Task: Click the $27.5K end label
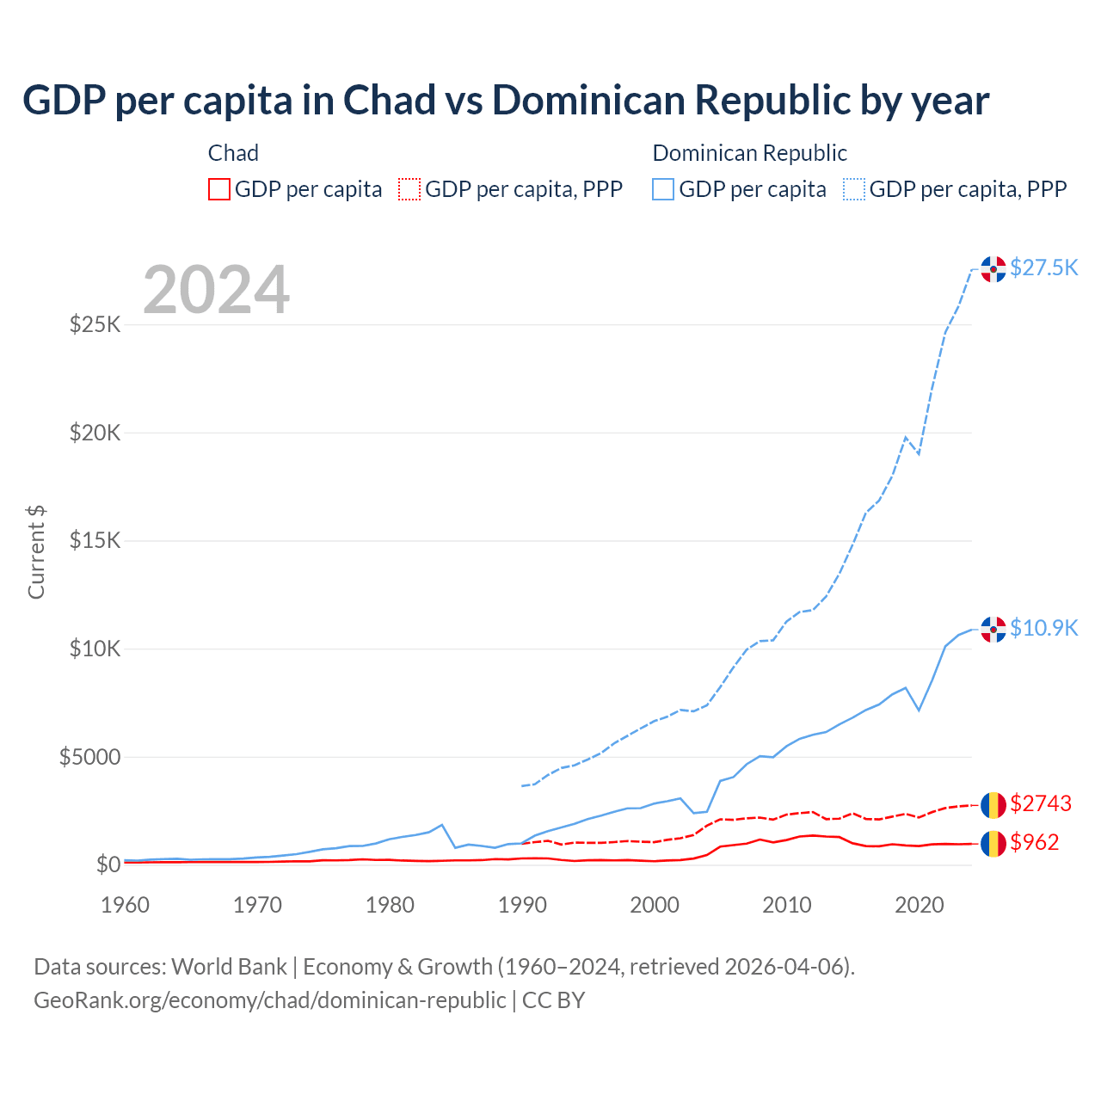pos(1043,268)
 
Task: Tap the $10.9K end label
pos(1043,628)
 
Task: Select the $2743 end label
pos(1040,803)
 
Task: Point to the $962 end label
pos(1034,842)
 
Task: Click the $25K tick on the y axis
pos(95,325)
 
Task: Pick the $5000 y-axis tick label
pos(89,757)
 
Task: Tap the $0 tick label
pos(108,864)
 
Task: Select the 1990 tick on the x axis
pos(522,905)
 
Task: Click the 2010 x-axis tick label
pos(787,905)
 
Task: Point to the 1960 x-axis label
pos(126,905)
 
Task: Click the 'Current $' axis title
pos(36,552)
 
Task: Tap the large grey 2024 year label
pos(216,290)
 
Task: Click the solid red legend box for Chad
pos(219,189)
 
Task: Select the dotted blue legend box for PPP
pos(854,189)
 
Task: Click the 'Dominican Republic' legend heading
pos(749,153)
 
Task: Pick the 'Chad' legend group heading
pos(233,153)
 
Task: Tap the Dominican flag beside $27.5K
pos(993,269)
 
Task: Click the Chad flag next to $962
pos(993,843)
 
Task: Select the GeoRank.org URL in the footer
pos(269,1000)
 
